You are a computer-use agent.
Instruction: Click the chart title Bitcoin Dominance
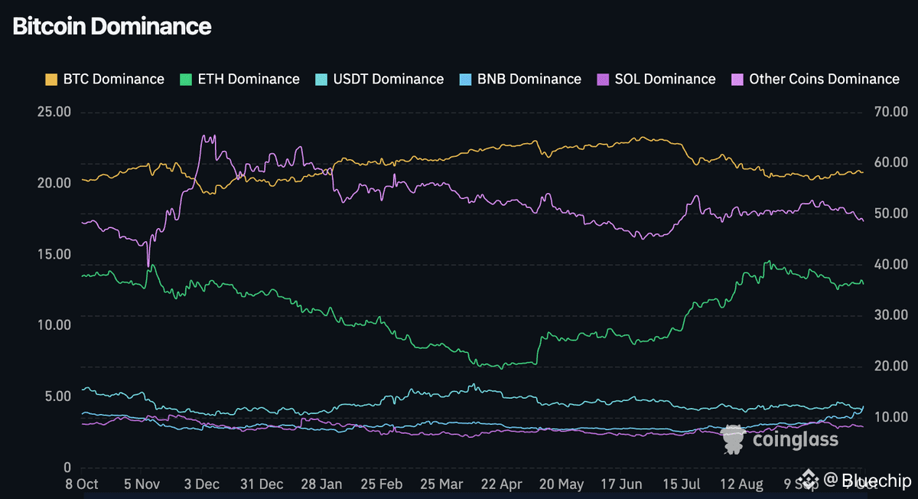pos(112,26)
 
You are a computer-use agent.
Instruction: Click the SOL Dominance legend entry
pos(665,79)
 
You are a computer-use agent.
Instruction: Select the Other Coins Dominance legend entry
pos(824,79)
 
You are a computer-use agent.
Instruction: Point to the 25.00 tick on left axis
pos(54,112)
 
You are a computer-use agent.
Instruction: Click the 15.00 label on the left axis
pos(54,254)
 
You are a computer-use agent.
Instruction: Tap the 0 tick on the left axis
pos(67,468)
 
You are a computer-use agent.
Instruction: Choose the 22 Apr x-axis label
pos(499,484)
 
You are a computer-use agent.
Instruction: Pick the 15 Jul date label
pos(682,484)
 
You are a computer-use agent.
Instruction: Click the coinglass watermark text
pos(796,439)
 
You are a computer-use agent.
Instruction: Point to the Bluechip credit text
pos(877,481)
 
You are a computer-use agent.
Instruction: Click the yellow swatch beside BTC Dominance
pos(51,79)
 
